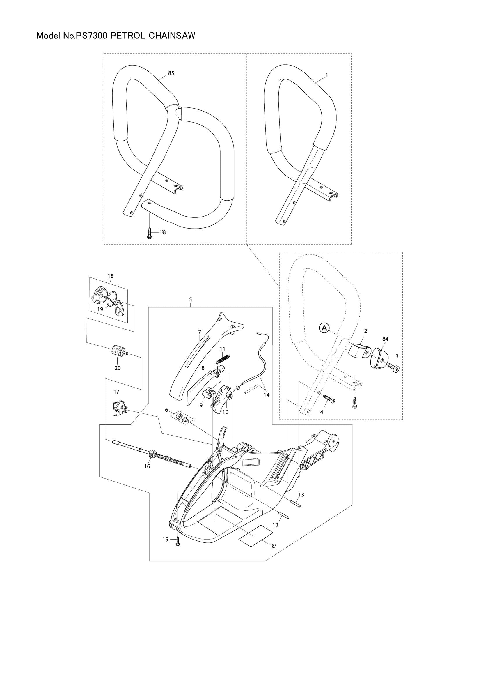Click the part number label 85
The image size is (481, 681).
tap(171, 73)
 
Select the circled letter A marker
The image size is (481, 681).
tap(324, 328)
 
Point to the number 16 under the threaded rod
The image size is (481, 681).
tap(147, 466)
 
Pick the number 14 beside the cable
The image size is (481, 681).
tap(267, 395)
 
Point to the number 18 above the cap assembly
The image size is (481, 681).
tap(111, 276)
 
